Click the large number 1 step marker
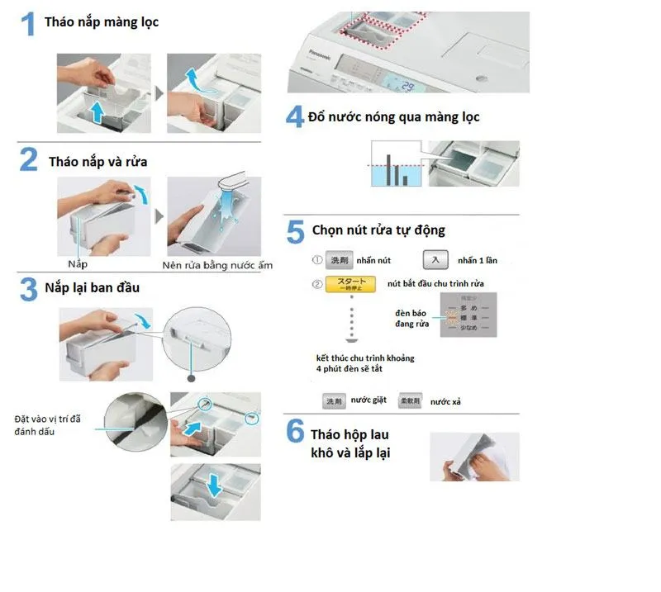tap(27, 24)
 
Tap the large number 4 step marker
tap(295, 116)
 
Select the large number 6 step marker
tap(295, 433)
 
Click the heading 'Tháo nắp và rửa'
tap(97, 162)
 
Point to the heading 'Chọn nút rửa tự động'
tap(378, 230)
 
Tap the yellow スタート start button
tap(350, 285)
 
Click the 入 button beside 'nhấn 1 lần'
tap(435, 260)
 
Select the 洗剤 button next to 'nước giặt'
tap(333, 400)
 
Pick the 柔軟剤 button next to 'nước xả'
tap(411, 400)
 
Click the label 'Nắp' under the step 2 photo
tap(78, 264)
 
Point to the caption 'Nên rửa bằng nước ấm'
tap(216, 265)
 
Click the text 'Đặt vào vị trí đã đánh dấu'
tap(47, 425)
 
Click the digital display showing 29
tap(407, 85)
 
